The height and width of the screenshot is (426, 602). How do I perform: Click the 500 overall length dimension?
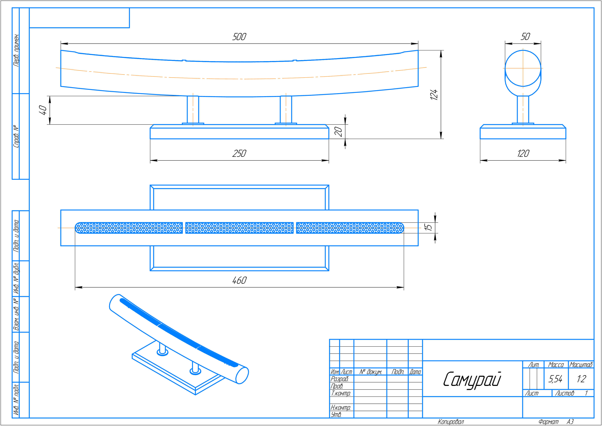pyautogui.click(x=239, y=37)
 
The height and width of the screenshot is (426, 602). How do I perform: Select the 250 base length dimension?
pyautogui.click(x=239, y=153)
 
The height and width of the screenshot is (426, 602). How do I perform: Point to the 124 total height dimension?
pyautogui.click(x=434, y=94)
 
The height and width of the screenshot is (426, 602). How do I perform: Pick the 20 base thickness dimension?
pyautogui.click(x=339, y=132)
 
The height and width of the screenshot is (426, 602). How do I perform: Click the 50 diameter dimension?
pyautogui.click(x=525, y=37)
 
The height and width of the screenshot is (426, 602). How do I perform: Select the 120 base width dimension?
pyautogui.click(x=523, y=153)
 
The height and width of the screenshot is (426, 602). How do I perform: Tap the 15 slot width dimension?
pyautogui.click(x=428, y=227)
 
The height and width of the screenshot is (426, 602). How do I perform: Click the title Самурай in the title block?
pyautogui.click(x=472, y=379)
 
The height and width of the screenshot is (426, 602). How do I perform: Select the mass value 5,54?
pyautogui.click(x=555, y=379)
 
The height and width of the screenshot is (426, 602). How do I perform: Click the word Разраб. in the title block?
pyautogui.click(x=339, y=379)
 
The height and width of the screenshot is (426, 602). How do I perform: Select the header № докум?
pyautogui.click(x=370, y=372)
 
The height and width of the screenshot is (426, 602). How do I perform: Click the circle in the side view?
pyautogui.click(x=523, y=68)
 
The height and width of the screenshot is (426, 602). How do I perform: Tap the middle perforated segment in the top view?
pyautogui.click(x=239, y=228)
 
